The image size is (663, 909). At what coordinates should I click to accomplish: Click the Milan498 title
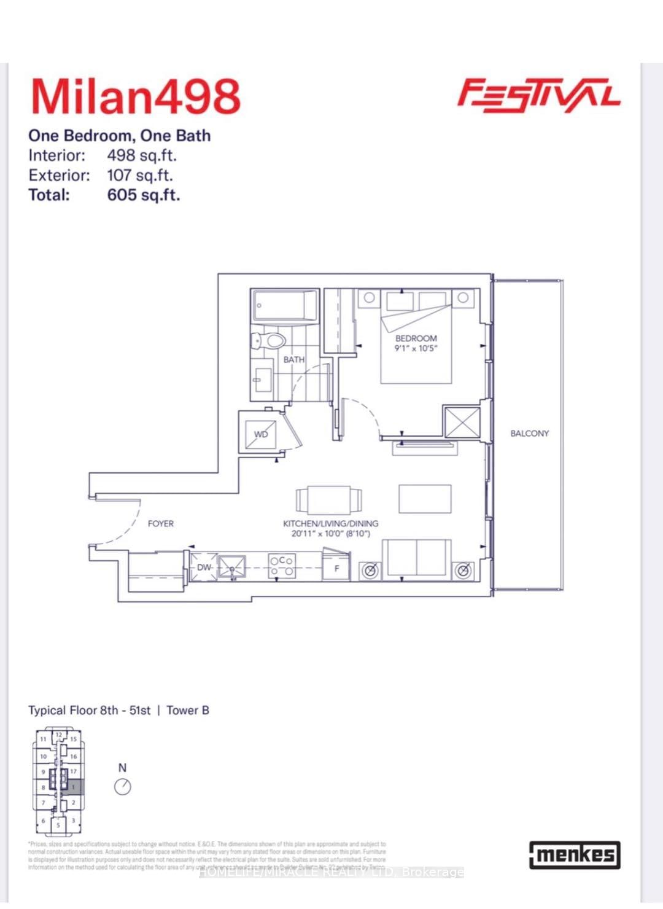click(136, 97)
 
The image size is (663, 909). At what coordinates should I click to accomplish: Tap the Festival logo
click(538, 96)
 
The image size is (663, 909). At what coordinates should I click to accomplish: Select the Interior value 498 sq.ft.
click(142, 155)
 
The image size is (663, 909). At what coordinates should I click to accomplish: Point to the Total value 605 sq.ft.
click(144, 195)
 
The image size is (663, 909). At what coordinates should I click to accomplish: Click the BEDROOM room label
click(416, 338)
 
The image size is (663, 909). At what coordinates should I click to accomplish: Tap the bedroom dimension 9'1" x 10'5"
click(416, 349)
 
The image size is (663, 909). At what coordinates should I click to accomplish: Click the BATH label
click(293, 360)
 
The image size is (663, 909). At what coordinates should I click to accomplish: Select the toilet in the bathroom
click(269, 341)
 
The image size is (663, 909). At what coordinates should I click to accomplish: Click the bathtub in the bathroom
click(285, 305)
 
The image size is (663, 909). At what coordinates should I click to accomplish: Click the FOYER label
click(161, 524)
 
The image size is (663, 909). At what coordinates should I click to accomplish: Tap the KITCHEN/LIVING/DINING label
click(330, 524)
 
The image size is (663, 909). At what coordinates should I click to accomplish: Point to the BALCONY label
click(529, 434)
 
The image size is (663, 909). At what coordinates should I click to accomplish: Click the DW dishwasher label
click(204, 568)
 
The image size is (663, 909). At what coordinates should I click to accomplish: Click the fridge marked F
click(336, 568)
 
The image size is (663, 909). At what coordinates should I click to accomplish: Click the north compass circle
click(123, 787)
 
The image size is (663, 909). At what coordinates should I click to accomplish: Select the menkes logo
click(575, 855)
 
